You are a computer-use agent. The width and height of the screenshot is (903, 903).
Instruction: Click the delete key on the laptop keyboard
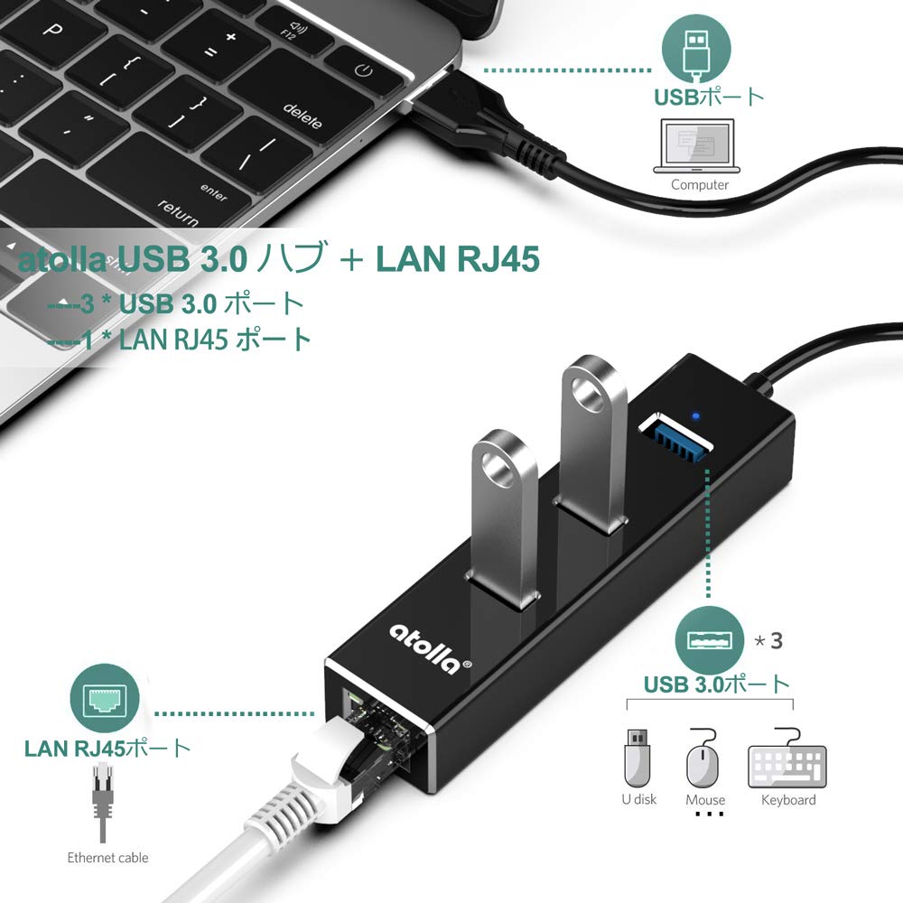click(x=303, y=116)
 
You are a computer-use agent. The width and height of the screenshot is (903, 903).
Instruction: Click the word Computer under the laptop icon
click(x=700, y=184)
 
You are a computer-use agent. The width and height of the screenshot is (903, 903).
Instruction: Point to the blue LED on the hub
click(x=694, y=417)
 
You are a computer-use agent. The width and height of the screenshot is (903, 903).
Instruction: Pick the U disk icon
click(x=638, y=758)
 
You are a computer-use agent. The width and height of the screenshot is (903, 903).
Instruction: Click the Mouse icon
click(x=704, y=761)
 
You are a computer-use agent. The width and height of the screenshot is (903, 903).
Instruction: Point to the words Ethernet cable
click(x=107, y=857)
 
